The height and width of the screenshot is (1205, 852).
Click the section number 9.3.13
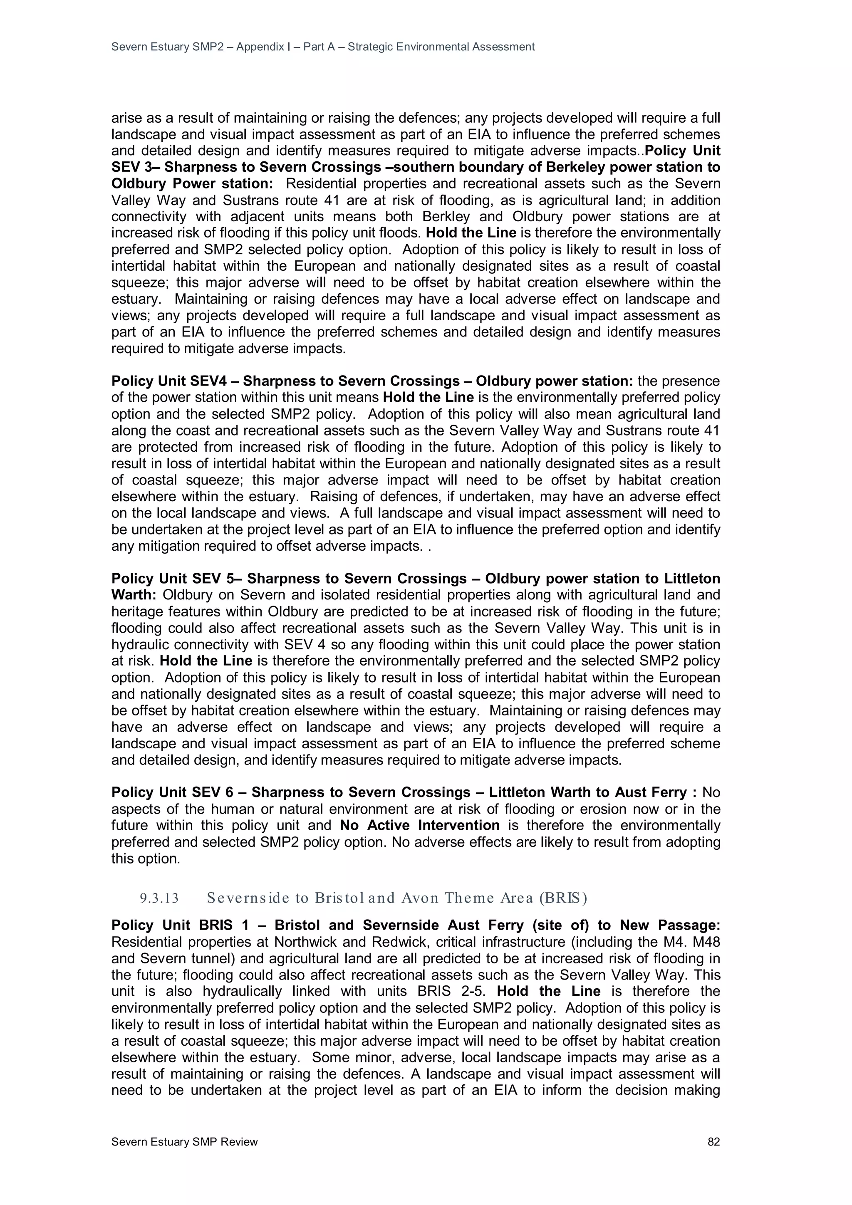(159, 898)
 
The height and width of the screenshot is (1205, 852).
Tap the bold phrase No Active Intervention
(419, 826)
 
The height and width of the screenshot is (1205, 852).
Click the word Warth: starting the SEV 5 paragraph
(134, 595)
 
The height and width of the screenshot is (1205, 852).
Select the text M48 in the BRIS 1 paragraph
(706, 942)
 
